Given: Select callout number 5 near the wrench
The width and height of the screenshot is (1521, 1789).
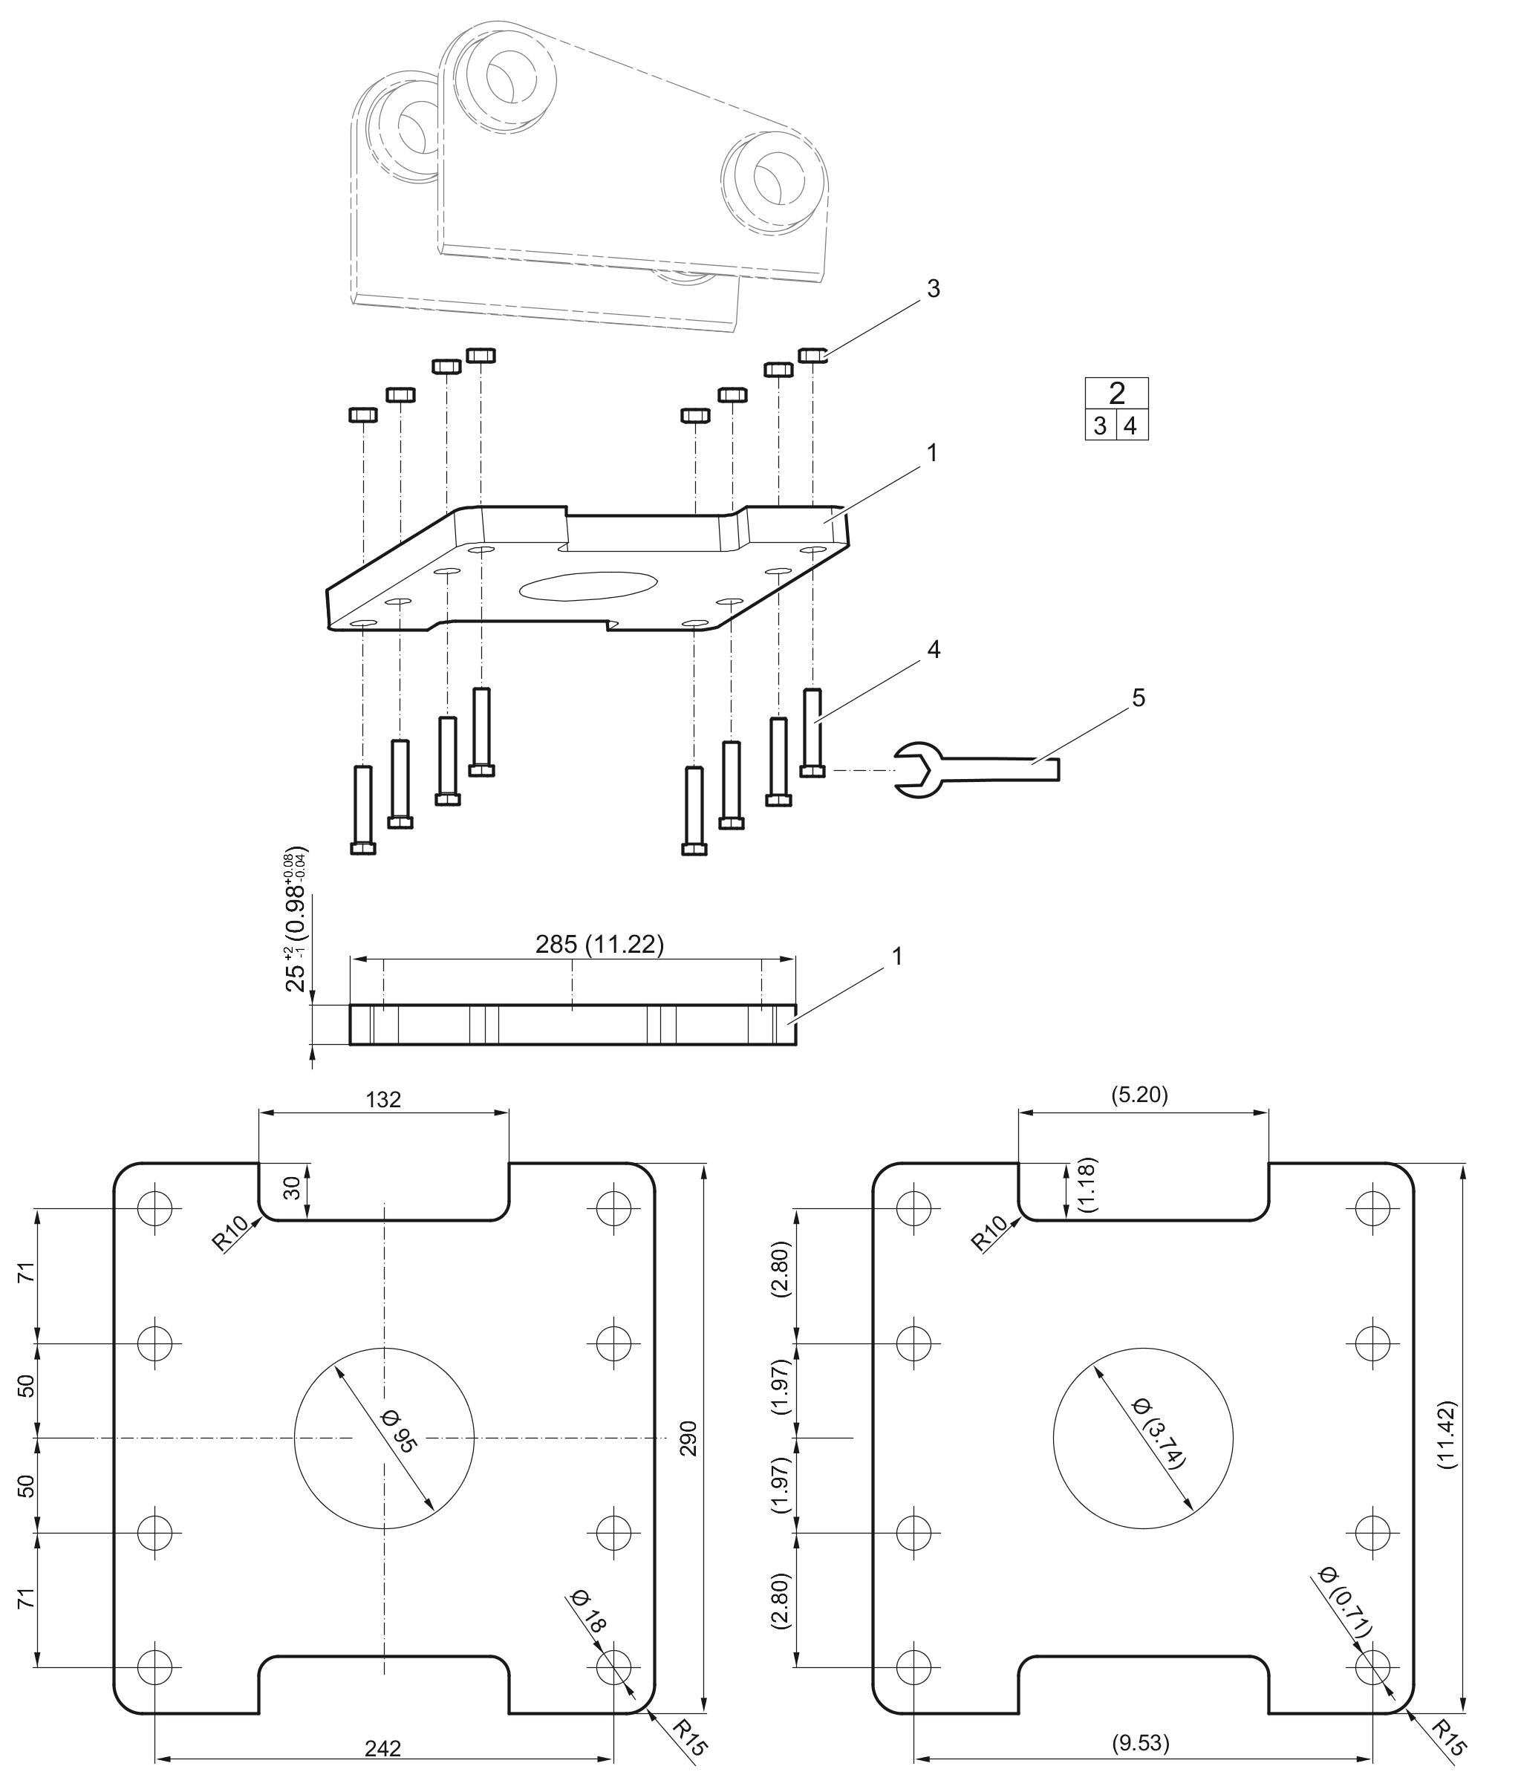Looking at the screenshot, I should tap(1139, 698).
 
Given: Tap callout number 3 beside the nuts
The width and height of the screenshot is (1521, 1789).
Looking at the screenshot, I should tap(933, 290).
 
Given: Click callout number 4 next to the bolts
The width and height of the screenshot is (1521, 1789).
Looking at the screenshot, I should tap(933, 650).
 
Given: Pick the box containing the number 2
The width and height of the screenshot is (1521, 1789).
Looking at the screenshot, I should tap(1116, 393).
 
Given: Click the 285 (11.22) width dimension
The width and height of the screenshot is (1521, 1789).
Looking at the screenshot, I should tap(599, 945).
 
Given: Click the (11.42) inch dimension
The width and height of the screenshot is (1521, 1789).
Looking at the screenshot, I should tap(1447, 1435).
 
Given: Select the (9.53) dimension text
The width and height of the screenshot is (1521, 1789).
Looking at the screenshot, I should tap(1141, 1743).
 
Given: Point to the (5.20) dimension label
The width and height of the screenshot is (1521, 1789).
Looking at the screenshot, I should tap(1140, 1095).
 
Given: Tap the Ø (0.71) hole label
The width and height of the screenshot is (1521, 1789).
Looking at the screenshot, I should tap(1345, 1602).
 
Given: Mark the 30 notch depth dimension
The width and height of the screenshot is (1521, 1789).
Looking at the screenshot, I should tap(293, 1189).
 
